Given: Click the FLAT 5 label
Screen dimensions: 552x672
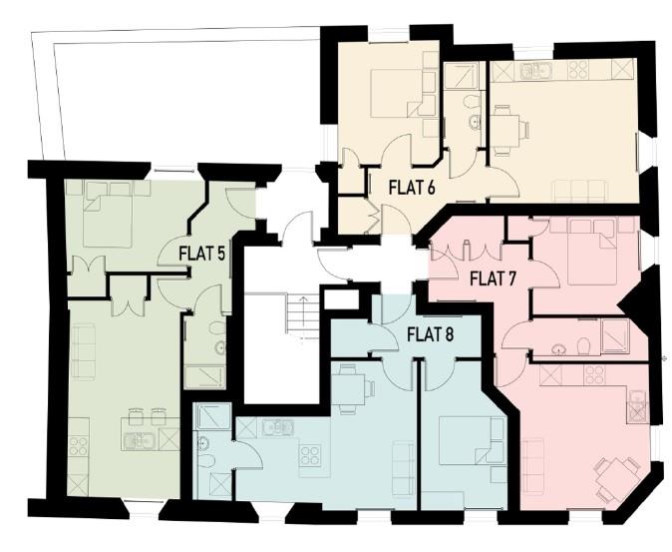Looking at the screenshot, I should [x=201, y=253].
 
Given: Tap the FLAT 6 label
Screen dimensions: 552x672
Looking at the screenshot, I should [x=396, y=185].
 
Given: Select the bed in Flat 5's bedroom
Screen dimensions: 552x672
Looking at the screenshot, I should [x=107, y=214].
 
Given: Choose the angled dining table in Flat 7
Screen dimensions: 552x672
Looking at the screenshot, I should [x=616, y=476].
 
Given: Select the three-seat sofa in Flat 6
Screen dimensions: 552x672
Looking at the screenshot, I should [x=580, y=190].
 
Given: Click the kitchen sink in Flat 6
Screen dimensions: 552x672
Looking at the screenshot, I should [x=538, y=71].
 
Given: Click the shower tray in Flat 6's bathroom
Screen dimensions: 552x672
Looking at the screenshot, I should [x=462, y=76].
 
